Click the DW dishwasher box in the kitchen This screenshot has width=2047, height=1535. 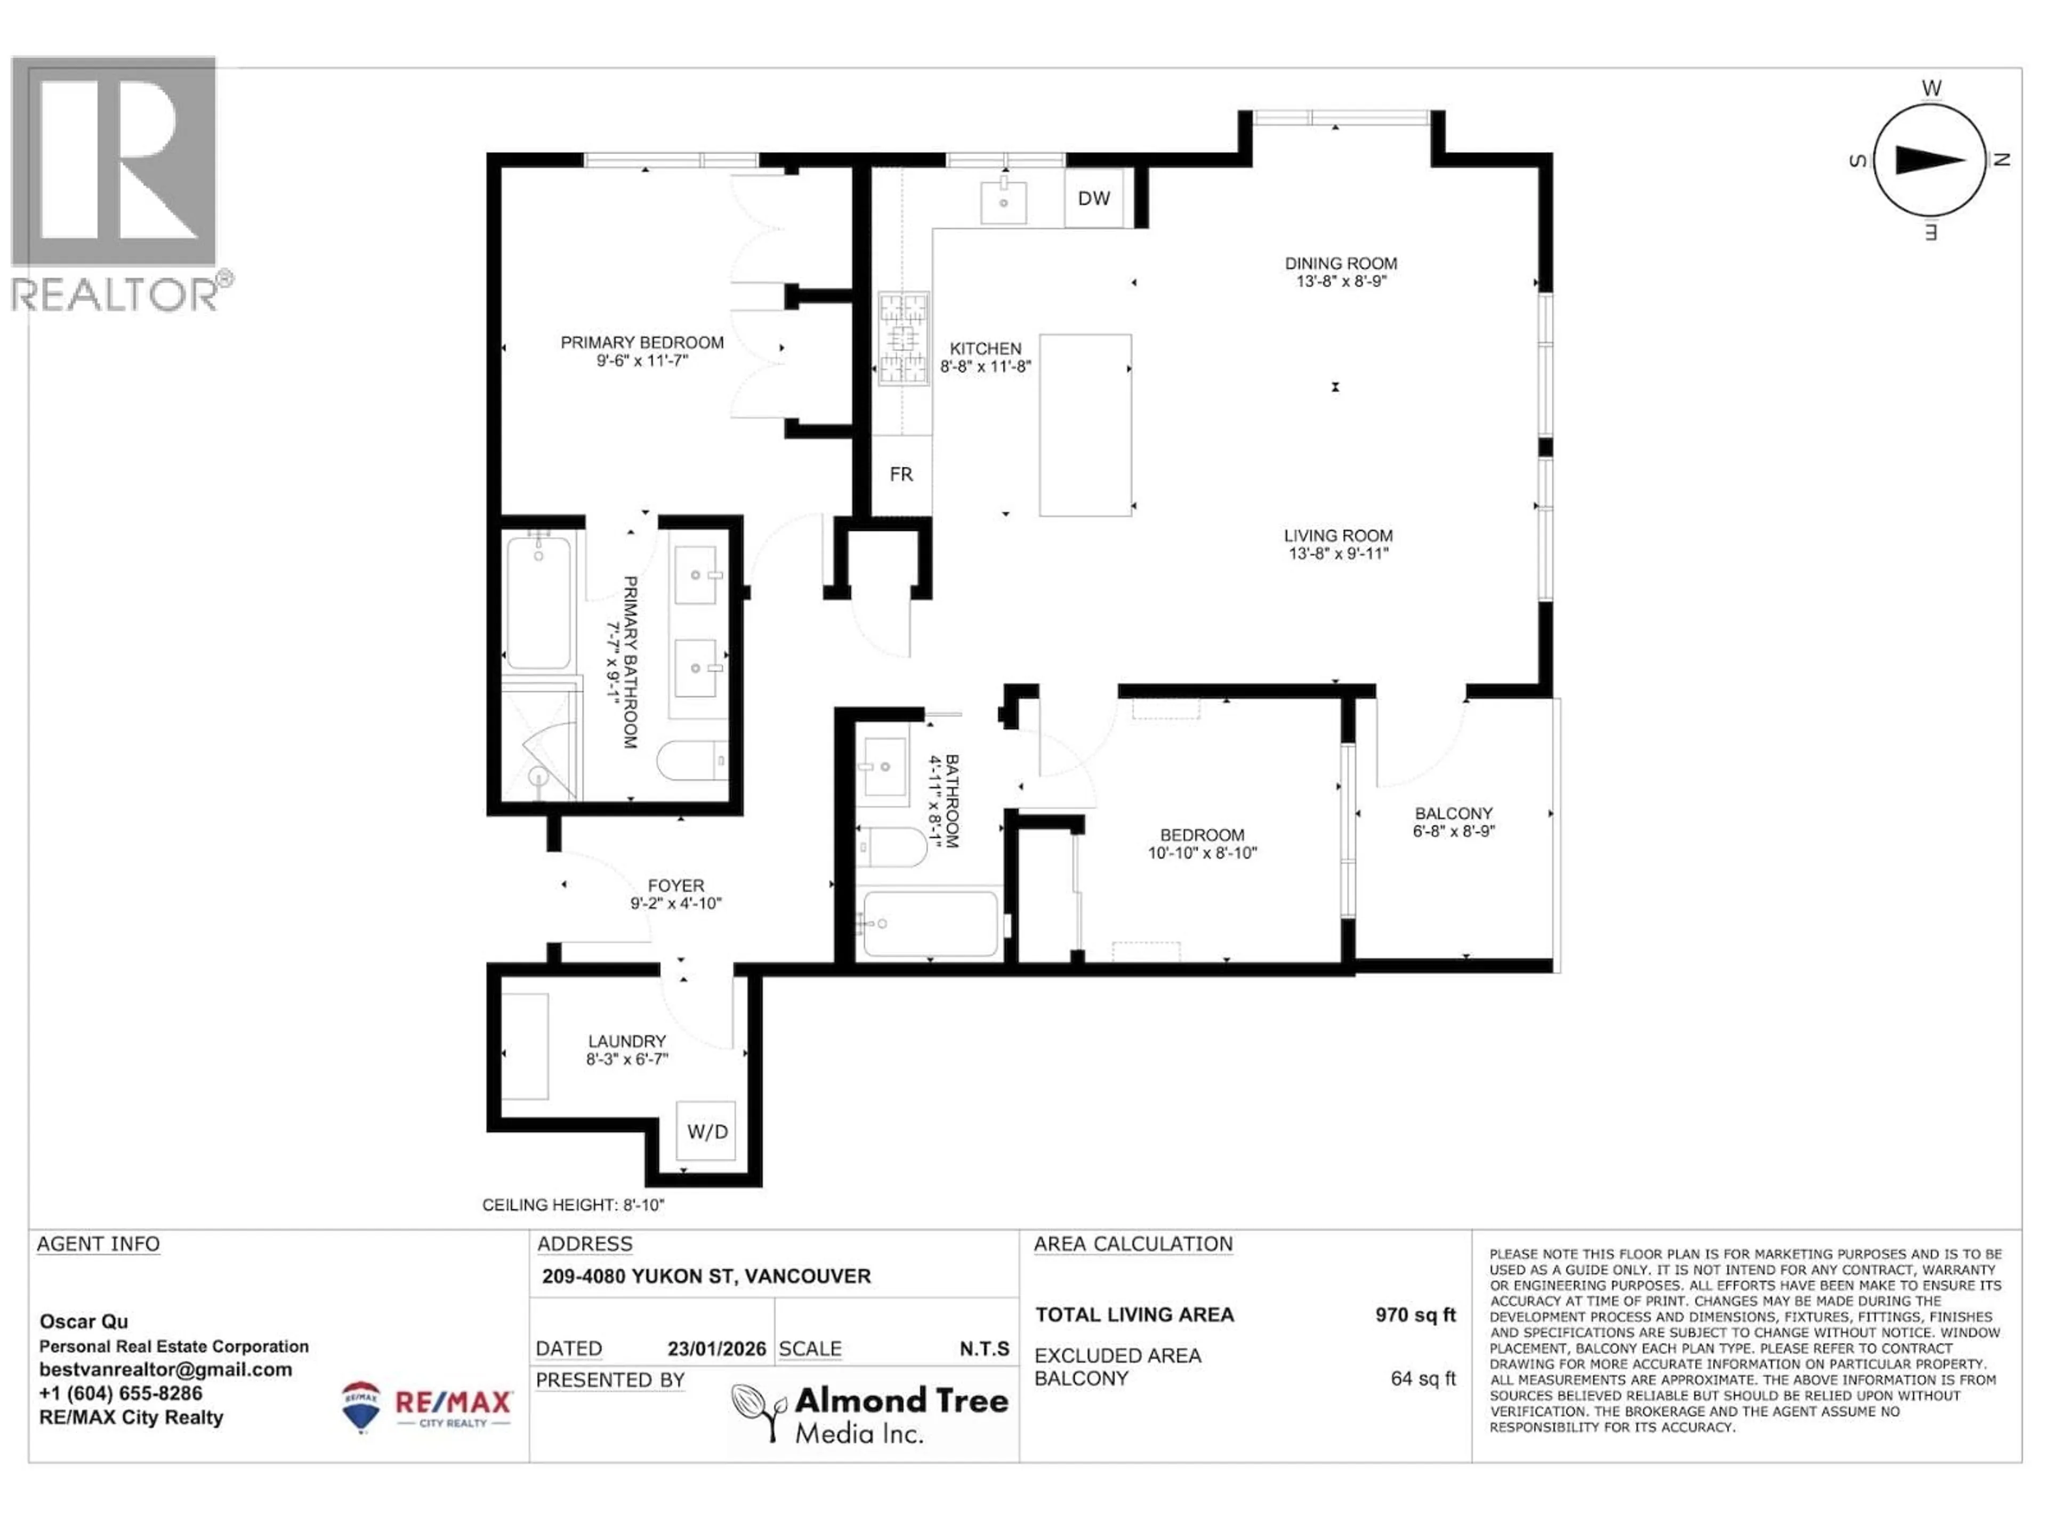click(x=1094, y=198)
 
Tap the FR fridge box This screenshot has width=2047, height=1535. click(x=900, y=475)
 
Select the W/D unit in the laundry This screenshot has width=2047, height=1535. click(x=707, y=1130)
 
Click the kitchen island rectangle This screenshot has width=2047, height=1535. click(x=1085, y=425)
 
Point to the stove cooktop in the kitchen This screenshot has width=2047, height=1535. click(x=903, y=338)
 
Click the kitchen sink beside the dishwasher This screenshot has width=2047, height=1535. click(x=1003, y=203)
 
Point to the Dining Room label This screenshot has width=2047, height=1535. click(x=1340, y=264)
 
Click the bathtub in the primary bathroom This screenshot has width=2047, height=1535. click(x=538, y=601)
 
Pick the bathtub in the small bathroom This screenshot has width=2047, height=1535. click(x=929, y=923)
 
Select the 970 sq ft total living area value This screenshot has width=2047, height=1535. click(x=1414, y=1315)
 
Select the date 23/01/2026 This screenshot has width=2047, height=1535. click(x=716, y=1349)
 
